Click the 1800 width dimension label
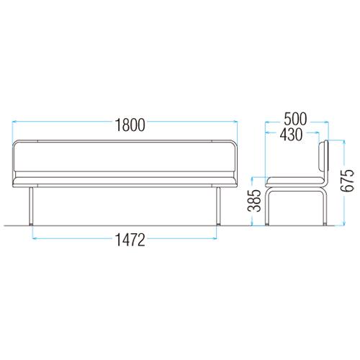[130, 125]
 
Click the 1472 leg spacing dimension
[130, 240]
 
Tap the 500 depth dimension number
[295, 119]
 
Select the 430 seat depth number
[291, 135]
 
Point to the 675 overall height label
[348, 180]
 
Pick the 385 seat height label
[254, 201]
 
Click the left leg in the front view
[31, 206]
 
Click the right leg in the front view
[218, 206]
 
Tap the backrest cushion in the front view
[125, 157]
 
